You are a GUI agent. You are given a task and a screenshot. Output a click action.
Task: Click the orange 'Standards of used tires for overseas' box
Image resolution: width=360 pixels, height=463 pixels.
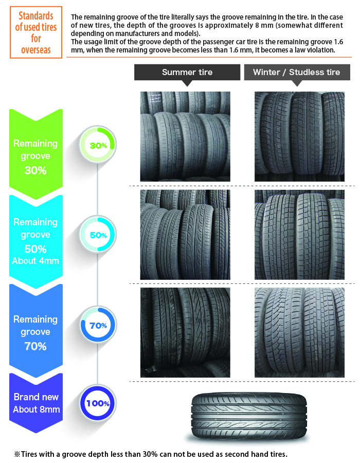(36, 32)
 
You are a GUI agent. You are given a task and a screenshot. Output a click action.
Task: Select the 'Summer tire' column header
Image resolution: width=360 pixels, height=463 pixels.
(187, 73)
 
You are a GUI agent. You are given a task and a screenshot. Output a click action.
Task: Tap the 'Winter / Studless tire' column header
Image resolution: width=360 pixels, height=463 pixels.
(297, 73)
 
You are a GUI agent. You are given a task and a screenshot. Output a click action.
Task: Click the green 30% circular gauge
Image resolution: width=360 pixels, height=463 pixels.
(98, 145)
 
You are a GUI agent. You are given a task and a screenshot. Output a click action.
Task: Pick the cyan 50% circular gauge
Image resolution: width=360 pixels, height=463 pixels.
(98, 235)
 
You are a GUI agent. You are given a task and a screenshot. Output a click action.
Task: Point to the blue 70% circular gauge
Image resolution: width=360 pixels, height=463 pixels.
(98, 325)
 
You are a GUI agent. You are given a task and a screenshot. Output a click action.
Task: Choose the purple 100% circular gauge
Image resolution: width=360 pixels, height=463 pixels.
(98, 403)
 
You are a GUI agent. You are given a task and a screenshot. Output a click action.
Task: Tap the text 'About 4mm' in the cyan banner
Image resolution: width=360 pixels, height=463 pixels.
(35, 261)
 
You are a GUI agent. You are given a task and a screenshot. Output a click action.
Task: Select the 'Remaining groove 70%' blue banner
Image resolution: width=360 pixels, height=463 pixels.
(36, 331)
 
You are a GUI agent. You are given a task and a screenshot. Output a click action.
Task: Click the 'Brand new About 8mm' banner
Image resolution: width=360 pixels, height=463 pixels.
(36, 403)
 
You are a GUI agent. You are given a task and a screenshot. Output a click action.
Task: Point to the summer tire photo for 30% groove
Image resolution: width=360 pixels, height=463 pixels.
(185, 136)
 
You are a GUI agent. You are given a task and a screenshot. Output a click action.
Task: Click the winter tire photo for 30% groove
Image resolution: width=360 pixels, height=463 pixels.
(299, 136)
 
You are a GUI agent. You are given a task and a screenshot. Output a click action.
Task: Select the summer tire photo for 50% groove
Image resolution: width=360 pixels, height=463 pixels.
(185, 235)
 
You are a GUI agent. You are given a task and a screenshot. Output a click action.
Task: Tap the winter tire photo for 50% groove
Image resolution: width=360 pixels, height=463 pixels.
(299, 235)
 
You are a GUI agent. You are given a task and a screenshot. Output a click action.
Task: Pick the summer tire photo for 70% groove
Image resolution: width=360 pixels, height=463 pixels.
(185, 332)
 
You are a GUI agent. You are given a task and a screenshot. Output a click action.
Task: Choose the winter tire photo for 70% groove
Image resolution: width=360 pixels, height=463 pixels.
(299, 332)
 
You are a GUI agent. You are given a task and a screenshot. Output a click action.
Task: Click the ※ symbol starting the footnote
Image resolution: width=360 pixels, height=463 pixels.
(17, 454)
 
